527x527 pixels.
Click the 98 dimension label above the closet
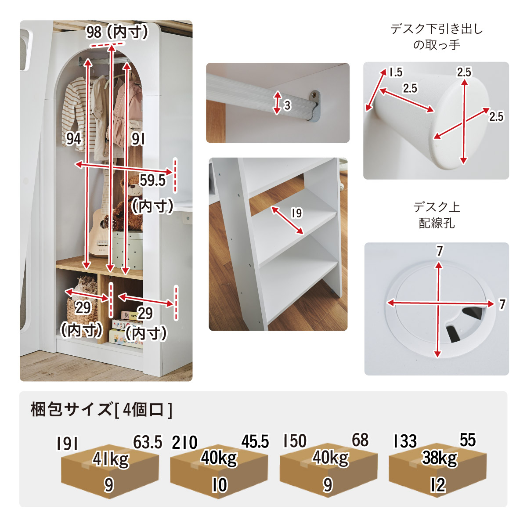coord(94,32)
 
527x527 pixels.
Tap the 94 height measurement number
coord(73,138)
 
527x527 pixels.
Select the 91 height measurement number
coord(138,139)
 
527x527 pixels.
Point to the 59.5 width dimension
coord(152,180)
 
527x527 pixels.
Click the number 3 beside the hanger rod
coord(287,105)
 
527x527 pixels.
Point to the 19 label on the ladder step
coord(297,213)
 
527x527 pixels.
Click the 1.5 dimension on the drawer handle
coord(396,72)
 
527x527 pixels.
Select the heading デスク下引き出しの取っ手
coord(437,37)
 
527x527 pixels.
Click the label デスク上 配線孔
coord(437,215)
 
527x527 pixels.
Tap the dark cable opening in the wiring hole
coord(465,325)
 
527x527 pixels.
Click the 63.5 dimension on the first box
coord(148,442)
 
